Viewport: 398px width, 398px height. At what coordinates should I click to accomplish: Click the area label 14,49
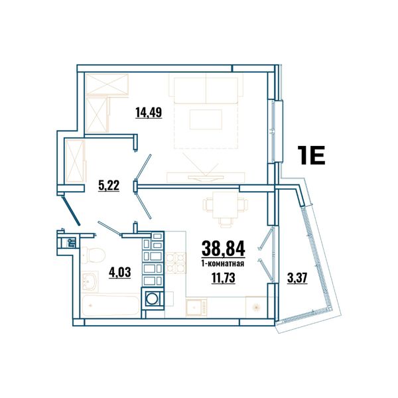pyautogui.click(x=149, y=112)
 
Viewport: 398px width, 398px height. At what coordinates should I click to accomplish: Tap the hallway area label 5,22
pyautogui.click(x=109, y=186)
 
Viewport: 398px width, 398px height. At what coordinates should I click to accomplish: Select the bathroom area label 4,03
pyautogui.click(x=120, y=273)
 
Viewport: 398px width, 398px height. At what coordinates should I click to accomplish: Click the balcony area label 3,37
pyautogui.click(x=297, y=278)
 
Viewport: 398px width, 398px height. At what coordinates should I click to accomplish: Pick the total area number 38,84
pyautogui.click(x=224, y=249)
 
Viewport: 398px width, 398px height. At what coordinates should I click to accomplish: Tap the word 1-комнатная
pyautogui.click(x=223, y=264)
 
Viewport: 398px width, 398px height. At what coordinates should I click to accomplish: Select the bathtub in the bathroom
pyautogui.click(x=111, y=305)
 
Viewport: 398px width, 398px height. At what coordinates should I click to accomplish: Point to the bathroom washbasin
pyautogui.click(x=90, y=281)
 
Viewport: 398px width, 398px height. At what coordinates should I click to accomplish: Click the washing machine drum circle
pyautogui.click(x=153, y=298)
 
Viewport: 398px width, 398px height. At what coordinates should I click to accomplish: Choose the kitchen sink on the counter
pyautogui.click(x=196, y=307)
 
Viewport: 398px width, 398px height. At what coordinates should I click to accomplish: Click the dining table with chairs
pyautogui.click(x=226, y=208)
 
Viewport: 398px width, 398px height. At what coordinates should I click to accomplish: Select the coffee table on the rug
pyautogui.click(x=206, y=119)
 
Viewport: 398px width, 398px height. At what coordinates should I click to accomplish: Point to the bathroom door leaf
pyautogui.click(x=109, y=228)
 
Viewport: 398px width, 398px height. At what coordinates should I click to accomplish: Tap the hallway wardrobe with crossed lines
pyautogui.click(x=75, y=161)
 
